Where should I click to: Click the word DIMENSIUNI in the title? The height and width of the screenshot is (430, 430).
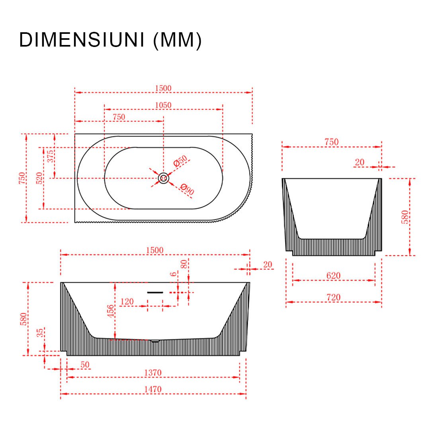[x=82, y=40]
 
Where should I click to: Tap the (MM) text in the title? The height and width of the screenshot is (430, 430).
[x=178, y=41]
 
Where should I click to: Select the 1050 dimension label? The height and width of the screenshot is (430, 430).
[x=163, y=105]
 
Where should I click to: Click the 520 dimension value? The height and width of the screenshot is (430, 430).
[x=39, y=178]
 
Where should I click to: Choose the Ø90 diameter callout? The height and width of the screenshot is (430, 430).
[x=187, y=190]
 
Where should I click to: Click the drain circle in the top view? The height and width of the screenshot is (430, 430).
[x=163, y=178]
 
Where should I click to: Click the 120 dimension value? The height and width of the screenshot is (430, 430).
[x=127, y=301]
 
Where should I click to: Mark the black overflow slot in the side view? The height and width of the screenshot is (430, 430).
[x=155, y=292]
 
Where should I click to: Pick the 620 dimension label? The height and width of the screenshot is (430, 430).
[x=333, y=276]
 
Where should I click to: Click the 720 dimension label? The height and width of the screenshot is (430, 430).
[x=333, y=297]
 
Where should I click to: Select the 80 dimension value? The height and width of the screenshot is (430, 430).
[x=184, y=264]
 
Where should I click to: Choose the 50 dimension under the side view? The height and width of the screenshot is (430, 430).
[x=85, y=364]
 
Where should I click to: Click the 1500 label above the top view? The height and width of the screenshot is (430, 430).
[x=163, y=88]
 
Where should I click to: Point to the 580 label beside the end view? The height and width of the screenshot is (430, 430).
[x=405, y=217]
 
